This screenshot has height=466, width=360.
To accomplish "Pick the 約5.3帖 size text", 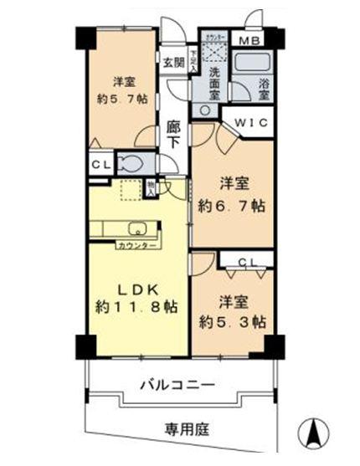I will tap(232, 321).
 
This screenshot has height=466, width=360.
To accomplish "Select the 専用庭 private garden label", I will tap(184, 429).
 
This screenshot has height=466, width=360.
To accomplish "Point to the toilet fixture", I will tap(132, 163).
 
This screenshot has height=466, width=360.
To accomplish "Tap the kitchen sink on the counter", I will tap(136, 229).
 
